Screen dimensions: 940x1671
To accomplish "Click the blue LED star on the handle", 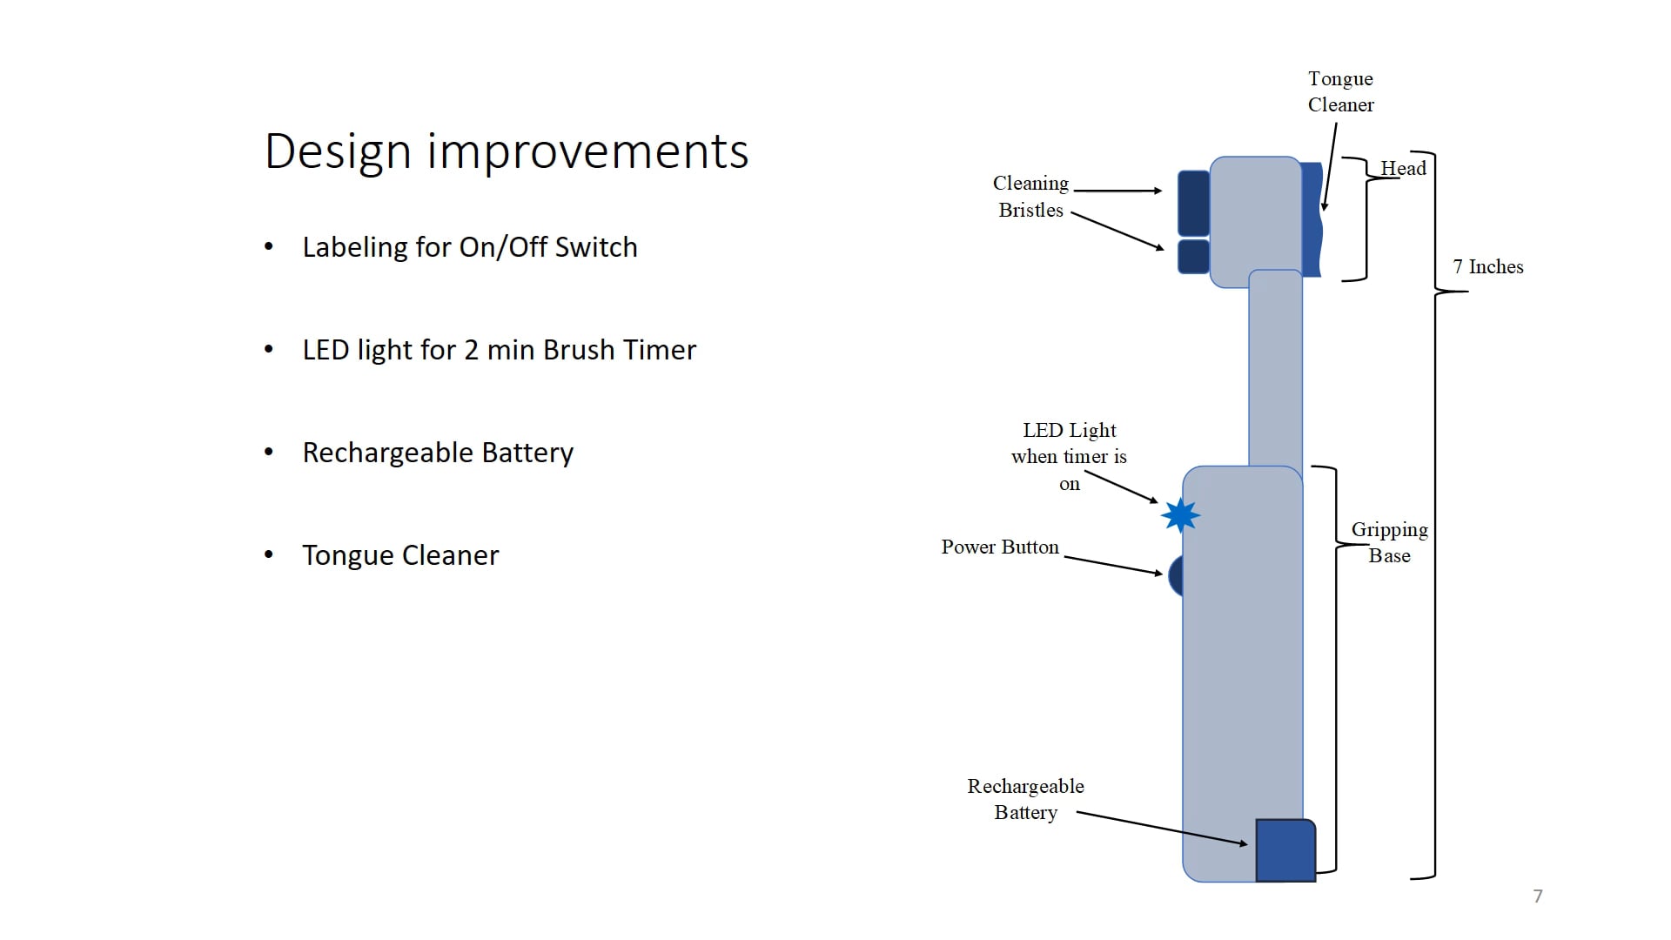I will pos(1180,515).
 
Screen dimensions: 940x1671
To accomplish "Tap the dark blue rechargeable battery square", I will pos(1285,850).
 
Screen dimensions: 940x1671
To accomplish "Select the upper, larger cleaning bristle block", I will pos(1193,203).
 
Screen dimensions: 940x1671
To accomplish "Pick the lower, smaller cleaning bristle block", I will pos(1193,257).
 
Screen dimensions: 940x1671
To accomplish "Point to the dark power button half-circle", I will pos(1176,575).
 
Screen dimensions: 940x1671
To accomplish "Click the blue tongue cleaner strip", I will pos(1312,219).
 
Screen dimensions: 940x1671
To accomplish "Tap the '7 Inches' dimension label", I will pos(1487,267).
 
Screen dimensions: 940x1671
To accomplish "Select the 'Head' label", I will pos(1403,169).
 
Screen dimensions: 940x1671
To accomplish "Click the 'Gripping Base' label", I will pos(1389,542).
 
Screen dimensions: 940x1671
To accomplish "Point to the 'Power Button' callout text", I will pos(1000,547).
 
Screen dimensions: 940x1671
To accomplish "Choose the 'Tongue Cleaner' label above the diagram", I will pos(1340,91).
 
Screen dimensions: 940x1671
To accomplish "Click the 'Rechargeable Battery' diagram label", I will pos(1025,799).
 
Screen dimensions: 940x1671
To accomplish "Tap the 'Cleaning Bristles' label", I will pos(1030,197).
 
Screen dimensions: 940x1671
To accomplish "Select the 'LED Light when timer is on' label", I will pos(1069,456).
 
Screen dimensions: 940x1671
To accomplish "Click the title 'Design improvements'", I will pos(507,151).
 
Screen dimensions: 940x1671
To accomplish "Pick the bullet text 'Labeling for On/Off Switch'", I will pos(469,247).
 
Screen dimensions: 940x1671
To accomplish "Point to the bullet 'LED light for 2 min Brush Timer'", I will pos(499,350).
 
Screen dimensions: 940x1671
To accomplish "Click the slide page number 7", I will pos(1538,896).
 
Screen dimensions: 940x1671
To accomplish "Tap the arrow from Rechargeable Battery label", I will pos(1162,828).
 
